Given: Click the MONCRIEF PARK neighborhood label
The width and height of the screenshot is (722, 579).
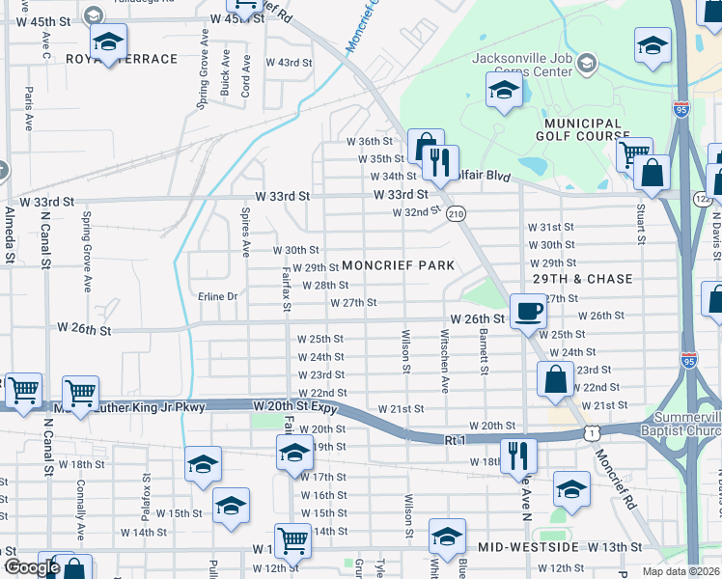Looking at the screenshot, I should [398, 265].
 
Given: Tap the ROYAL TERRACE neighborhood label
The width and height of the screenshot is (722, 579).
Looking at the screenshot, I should [122, 60].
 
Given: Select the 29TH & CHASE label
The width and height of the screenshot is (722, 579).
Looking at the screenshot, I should [584, 279].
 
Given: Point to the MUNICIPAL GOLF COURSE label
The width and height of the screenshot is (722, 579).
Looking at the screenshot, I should [583, 130].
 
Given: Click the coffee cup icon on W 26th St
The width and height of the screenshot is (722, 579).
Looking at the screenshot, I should [527, 310].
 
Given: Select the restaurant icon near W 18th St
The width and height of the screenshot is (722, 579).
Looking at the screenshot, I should [518, 455].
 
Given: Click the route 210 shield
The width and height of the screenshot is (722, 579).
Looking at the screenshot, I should [456, 213].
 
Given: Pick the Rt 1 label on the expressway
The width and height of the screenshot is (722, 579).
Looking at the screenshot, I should [456, 439].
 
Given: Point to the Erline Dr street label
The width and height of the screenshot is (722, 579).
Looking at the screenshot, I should [218, 296].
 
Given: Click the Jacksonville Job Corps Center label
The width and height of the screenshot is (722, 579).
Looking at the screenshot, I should [529, 65].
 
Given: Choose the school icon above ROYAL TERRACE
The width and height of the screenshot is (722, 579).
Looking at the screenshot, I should [109, 41].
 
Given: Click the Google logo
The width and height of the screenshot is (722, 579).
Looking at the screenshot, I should [31, 567].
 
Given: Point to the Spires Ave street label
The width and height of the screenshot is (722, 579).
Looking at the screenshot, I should [245, 234].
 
